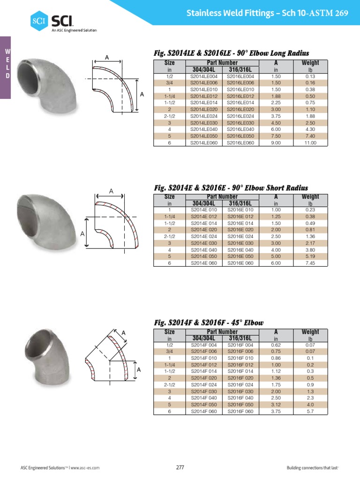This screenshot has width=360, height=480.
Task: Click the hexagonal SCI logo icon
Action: [x=39, y=21]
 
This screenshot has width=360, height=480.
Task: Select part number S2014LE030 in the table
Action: [x=204, y=123]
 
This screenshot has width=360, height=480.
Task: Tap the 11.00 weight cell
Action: [x=310, y=142]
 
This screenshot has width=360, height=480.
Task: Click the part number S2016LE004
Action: [x=240, y=76]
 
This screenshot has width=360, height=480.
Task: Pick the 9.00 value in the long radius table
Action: [x=276, y=142]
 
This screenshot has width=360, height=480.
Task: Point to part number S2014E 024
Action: [x=204, y=236]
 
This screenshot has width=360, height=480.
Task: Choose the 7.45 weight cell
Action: [x=310, y=263]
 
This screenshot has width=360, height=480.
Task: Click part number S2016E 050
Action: [x=240, y=256]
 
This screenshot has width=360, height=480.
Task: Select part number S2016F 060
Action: [x=240, y=412]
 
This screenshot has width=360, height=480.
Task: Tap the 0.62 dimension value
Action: [x=276, y=345]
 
